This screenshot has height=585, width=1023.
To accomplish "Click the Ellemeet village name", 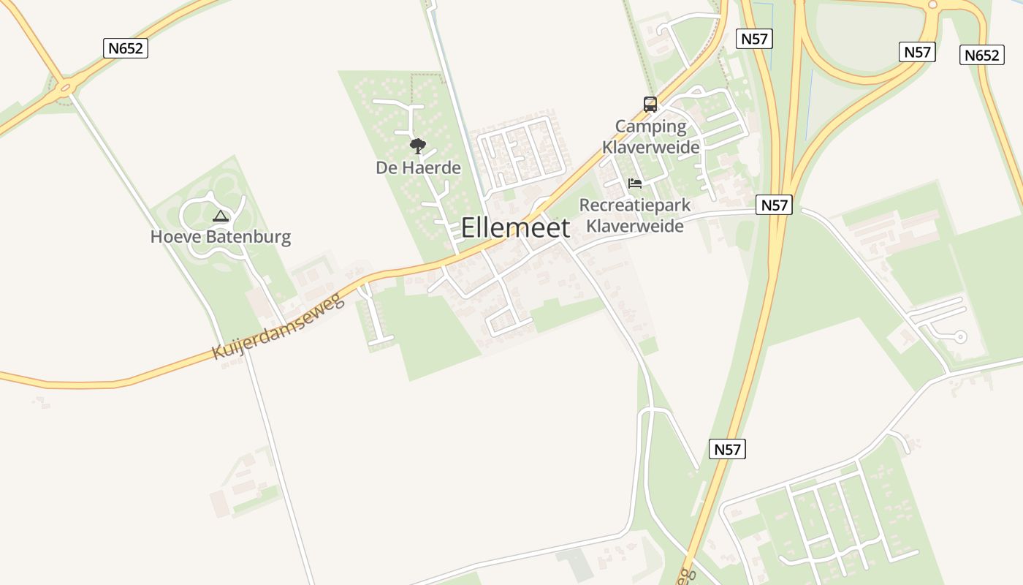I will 515,228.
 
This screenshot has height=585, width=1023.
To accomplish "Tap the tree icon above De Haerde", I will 417,146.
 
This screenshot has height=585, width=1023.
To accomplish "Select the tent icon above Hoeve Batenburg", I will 220,216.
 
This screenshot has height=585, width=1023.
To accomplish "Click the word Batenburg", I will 248,237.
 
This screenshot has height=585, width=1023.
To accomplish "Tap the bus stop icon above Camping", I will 650,105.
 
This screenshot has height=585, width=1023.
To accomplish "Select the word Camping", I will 650,127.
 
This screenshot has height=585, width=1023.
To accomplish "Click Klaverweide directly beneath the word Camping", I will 650,147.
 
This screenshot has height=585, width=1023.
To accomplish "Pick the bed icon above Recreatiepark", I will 634,183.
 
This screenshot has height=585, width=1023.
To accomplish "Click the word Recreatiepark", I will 634,205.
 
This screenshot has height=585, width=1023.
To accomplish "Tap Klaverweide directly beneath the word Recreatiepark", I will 634,226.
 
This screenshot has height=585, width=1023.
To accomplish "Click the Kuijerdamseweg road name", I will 278,326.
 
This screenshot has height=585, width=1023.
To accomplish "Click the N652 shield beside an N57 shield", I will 981,55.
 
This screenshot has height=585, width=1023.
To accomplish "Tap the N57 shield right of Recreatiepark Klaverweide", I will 774,205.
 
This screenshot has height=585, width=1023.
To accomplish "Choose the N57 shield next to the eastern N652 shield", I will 917,52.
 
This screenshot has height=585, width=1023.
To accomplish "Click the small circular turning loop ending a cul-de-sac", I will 960,337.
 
